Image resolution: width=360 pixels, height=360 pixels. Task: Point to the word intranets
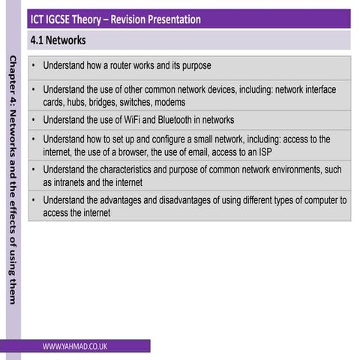pos(73,182)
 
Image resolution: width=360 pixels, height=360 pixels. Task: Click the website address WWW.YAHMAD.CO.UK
pos(74,346)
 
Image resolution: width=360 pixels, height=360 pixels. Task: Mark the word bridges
pos(107,102)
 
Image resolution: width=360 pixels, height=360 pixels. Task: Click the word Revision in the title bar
pos(120,18)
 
